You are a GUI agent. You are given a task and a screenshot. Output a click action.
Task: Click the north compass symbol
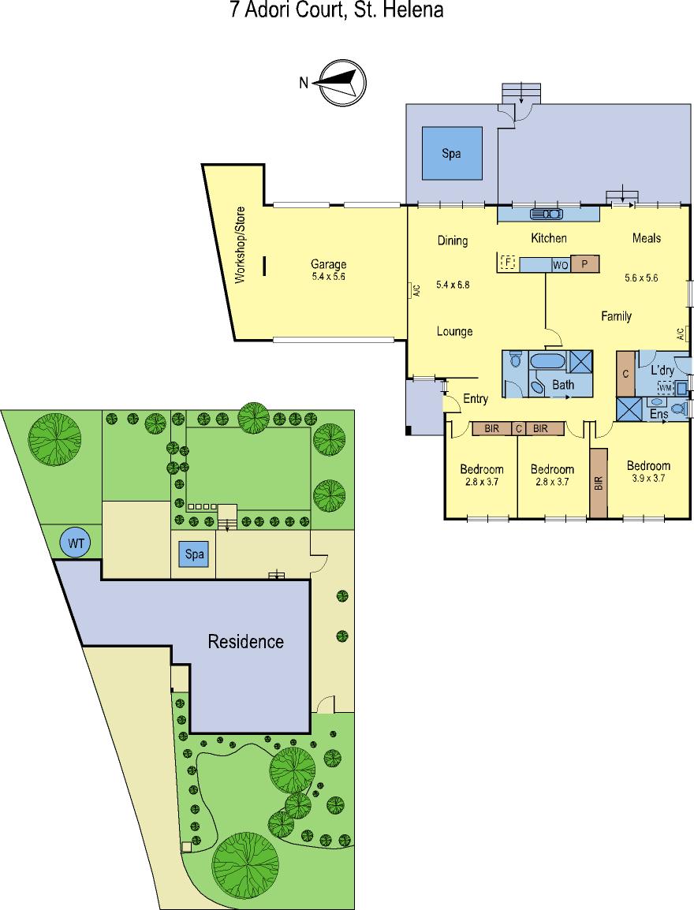[x=343, y=83]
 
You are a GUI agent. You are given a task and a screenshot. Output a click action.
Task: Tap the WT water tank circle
[x=76, y=543]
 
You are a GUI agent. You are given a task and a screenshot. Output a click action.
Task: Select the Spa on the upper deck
[x=452, y=153]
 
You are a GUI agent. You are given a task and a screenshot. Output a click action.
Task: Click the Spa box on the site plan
[x=194, y=554]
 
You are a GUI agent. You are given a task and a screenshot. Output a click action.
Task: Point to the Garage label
[x=328, y=264]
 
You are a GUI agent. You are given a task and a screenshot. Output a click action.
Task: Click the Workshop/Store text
[x=241, y=245]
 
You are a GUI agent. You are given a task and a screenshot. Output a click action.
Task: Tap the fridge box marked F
[x=508, y=263]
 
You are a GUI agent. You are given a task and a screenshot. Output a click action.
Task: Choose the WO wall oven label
[x=560, y=265]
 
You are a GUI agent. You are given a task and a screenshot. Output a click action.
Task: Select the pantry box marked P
[x=585, y=264]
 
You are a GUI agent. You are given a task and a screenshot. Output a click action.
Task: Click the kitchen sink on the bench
[x=546, y=214]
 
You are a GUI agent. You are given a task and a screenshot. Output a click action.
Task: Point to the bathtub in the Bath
[x=546, y=361]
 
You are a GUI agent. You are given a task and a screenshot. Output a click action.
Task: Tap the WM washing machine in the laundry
[x=665, y=386]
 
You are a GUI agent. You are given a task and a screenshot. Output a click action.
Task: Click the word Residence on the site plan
[x=245, y=641]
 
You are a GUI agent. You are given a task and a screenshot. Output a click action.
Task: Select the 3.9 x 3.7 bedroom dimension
[x=648, y=479]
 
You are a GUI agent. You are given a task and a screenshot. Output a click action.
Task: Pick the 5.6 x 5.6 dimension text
[x=641, y=278]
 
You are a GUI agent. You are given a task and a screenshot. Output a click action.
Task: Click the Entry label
[x=476, y=399]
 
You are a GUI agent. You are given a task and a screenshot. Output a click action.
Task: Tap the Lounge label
[x=454, y=331]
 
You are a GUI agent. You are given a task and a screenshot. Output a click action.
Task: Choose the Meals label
[x=647, y=238]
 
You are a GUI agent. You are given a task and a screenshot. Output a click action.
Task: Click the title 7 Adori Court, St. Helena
[x=337, y=10]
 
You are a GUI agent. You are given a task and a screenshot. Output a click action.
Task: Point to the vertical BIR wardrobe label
[x=599, y=483]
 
